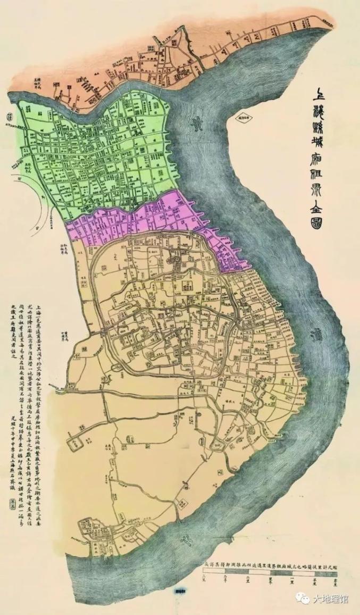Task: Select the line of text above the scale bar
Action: point(271,562)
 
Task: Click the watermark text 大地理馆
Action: point(330,599)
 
